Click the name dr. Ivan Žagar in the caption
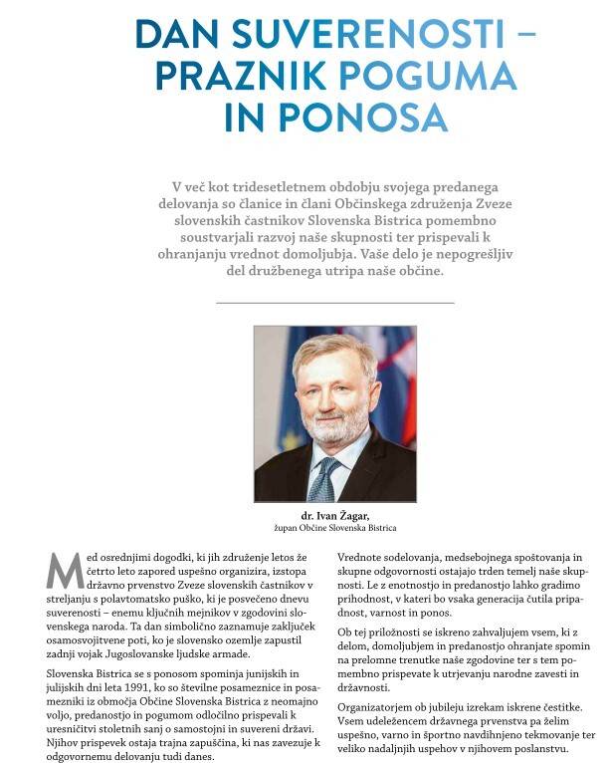click(334, 515)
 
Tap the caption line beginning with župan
click(334, 527)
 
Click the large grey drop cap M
click(63, 570)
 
